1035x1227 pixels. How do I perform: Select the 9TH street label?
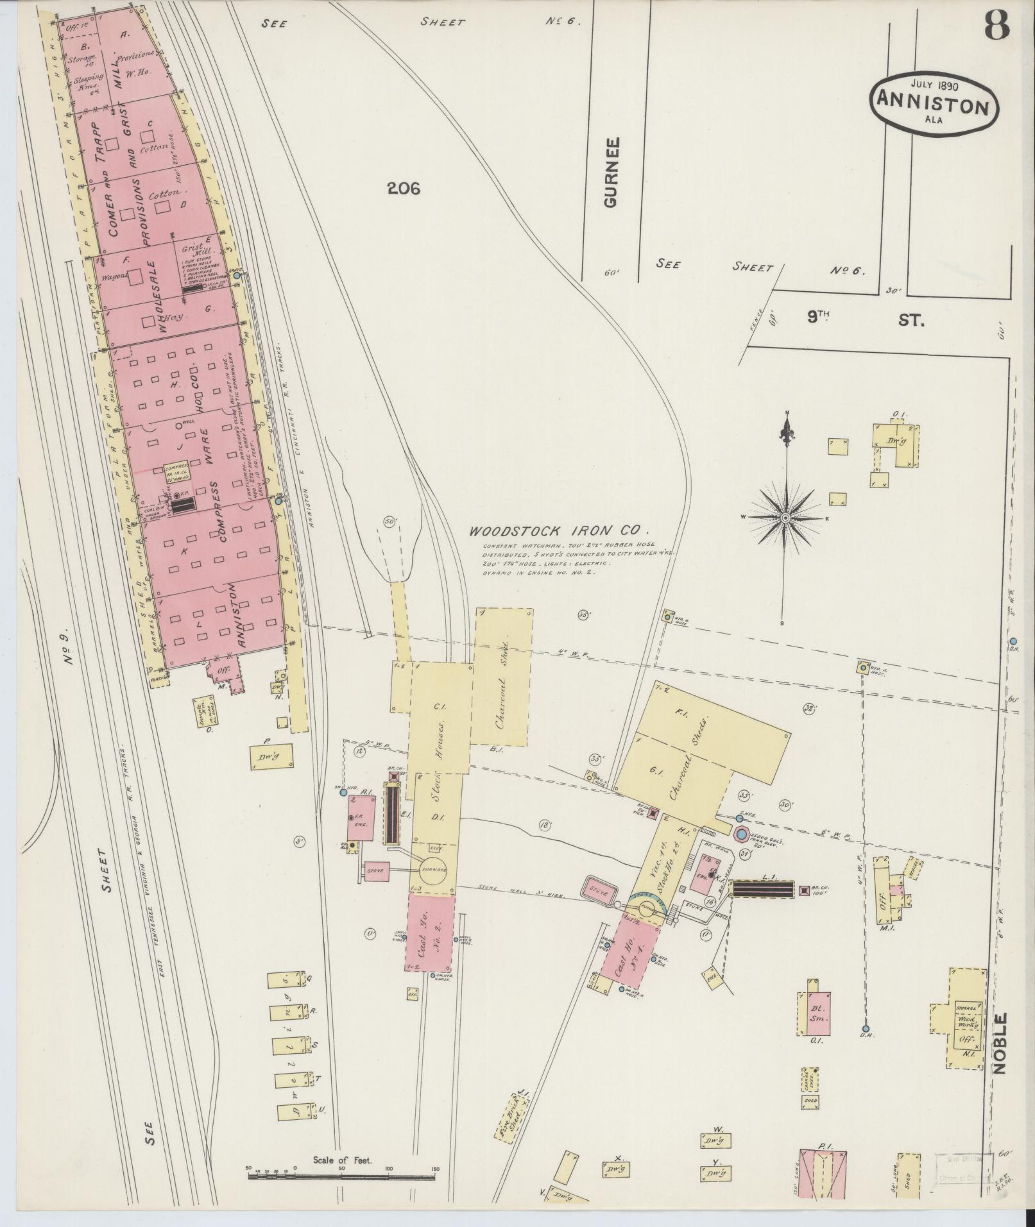pyautogui.click(x=819, y=317)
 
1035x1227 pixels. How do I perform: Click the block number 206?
pyautogui.click(x=404, y=188)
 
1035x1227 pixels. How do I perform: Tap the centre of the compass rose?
pyautogui.click(x=785, y=517)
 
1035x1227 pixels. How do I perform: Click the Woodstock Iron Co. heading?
pyautogui.click(x=560, y=531)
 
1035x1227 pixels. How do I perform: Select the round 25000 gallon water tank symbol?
pyautogui.click(x=740, y=834)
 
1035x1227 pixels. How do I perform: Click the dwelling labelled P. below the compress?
pyautogui.click(x=273, y=756)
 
